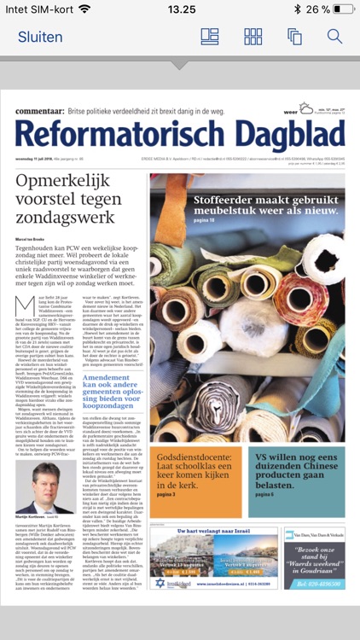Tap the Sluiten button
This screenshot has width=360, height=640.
coord(40,37)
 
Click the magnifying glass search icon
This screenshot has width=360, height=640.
coord(334,37)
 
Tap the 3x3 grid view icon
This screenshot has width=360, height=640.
coord(253,37)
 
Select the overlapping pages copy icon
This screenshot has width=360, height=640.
coord(294,37)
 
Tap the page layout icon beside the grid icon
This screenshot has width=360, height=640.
coord(210,37)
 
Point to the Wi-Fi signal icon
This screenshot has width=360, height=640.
coord(84,9)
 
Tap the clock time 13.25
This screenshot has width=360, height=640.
coord(181,9)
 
